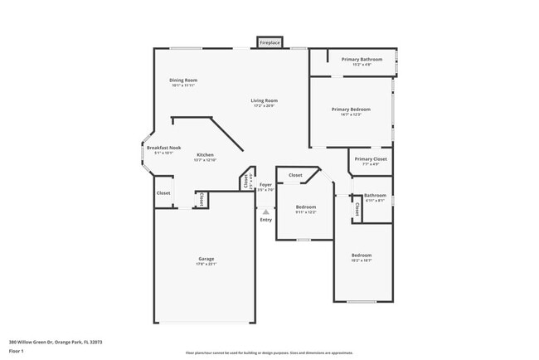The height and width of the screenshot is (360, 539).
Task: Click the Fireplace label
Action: coord(269,41)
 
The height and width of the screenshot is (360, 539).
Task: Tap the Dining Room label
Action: coord(183,80)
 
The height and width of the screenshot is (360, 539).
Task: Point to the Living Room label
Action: coord(264,100)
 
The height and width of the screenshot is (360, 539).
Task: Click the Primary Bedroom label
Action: coord(350,109)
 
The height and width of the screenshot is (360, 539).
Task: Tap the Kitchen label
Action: coord(205,154)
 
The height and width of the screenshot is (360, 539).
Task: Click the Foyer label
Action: coord(265,184)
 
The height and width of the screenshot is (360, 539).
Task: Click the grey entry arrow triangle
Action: coord(265,212)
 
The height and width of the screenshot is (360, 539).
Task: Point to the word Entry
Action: coord(265,220)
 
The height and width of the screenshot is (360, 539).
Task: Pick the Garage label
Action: coord(206,258)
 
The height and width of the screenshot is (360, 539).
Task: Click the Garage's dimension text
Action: coord(206,264)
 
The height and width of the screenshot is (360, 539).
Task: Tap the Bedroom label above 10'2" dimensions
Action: coord(361,255)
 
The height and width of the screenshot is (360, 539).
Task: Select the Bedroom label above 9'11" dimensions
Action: coord(306,207)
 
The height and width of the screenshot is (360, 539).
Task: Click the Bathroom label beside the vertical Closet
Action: coord(376,195)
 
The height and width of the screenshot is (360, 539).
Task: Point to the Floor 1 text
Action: coord(17,351)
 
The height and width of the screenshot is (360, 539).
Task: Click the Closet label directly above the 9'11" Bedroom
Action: coord(295,175)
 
